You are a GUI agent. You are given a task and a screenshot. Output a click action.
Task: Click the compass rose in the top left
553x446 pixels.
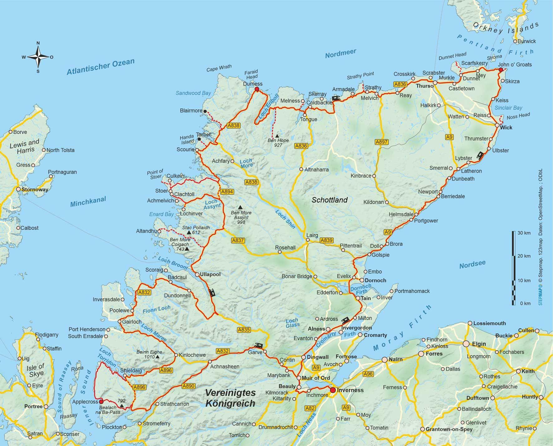(x=38, y=57)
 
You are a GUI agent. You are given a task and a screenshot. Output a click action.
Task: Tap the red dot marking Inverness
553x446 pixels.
(x=333, y=390)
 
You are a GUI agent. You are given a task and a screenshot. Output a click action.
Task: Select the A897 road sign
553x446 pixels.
(x=381, y=142)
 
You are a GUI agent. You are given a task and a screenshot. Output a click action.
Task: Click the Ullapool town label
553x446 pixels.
(x=210, y=274)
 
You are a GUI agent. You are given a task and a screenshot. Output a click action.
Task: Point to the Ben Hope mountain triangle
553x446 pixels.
(x=277, y=136)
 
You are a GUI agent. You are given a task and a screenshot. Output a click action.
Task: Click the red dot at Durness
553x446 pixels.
(x=257, y=89)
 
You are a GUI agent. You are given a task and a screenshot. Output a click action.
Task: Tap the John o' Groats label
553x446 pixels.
(x=515, y=65)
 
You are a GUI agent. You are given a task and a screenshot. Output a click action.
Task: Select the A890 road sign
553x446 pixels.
(x=188, y=386)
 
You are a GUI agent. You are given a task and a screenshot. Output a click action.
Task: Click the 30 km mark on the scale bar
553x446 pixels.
(x=524, y=233)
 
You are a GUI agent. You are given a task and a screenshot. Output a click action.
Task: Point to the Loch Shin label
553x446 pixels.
(x=285, y=219)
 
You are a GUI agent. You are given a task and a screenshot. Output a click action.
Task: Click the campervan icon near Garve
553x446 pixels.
(x=259, y=345)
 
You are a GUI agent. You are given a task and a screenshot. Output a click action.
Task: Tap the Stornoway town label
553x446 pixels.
(x=34, y=189)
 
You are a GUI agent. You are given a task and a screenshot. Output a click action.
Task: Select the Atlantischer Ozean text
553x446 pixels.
(x=100, y=67)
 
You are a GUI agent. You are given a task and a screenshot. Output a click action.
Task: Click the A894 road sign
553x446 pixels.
(x=227, y=191)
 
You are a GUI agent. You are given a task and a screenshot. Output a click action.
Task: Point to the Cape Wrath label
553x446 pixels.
(x=219, y=68)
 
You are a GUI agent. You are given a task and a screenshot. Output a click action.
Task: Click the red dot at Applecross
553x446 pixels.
(x=101, y=402)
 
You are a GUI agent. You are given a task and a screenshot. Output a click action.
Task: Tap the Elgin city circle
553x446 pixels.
(x=466, y=344)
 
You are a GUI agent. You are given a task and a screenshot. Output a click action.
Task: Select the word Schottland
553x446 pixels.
(x=330, y=200)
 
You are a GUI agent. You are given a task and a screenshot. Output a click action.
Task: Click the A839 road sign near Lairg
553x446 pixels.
(x=326, y=240)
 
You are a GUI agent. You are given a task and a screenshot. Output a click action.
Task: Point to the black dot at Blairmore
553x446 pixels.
(x=205, y=111)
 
